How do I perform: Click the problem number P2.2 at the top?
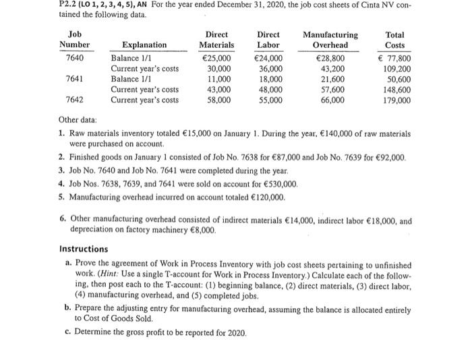coord(13,7)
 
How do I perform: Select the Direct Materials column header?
coord(216,39)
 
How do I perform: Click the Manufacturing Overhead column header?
coord(330,39)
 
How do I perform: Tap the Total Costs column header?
coord(394,39)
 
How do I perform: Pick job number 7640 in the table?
coord(76,58)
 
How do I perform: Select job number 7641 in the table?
coord(76,79)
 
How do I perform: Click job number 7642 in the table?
coord(76,100)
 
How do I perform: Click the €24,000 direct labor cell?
coord(269,58)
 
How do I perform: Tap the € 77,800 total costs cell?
coord(396,58)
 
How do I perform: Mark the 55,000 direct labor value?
coord(271,100)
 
